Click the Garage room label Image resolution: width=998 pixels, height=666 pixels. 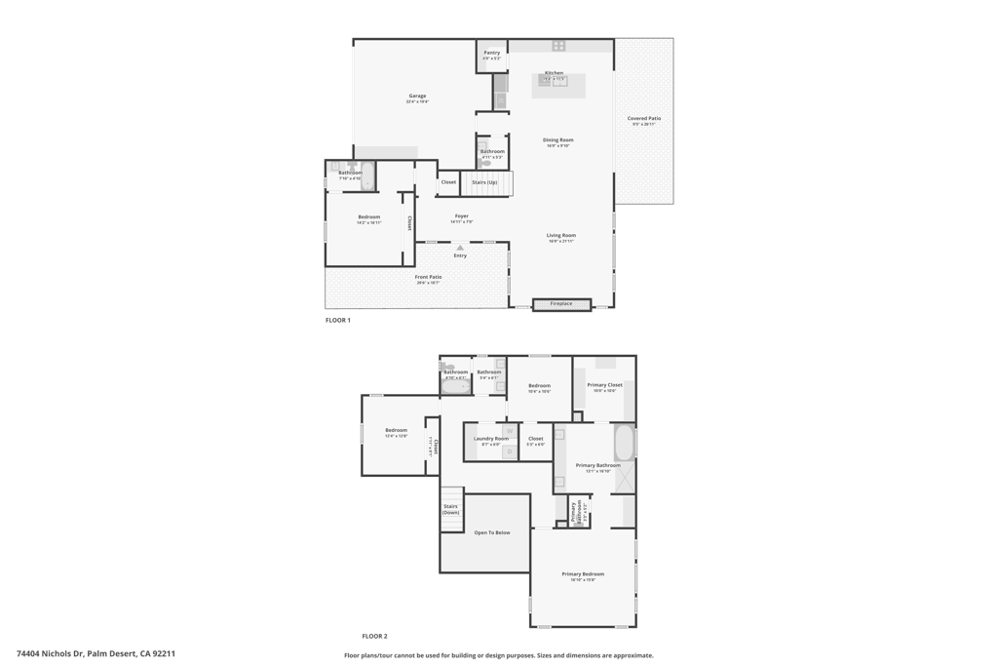(417, 97)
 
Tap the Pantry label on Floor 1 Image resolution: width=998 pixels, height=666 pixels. (492, 54)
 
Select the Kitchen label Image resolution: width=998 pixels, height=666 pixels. (554, 73)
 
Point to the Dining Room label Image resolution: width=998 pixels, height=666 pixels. (558, 140)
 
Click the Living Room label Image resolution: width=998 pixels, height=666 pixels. (561, 235)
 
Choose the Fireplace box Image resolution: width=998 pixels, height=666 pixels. (561, 304)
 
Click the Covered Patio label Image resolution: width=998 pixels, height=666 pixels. (644, 119)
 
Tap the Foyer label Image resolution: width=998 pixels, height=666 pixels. (462, 216)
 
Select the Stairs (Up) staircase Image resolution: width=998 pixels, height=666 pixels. (485, 183)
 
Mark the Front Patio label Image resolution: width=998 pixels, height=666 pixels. (429, 277)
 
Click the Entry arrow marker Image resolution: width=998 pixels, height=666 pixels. (460, 248)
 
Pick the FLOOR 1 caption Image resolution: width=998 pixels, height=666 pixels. (338, 320)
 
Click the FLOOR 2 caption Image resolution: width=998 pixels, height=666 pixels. (374, 636)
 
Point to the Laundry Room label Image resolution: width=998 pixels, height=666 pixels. (491, 439)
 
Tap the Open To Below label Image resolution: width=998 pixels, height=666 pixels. (492, 532)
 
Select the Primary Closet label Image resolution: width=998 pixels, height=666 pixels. (604, 385)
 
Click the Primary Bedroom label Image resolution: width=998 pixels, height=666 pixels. (583, 574)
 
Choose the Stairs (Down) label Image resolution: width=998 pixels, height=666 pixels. (450, 509)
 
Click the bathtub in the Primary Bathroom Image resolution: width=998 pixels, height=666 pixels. (625, 442)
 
